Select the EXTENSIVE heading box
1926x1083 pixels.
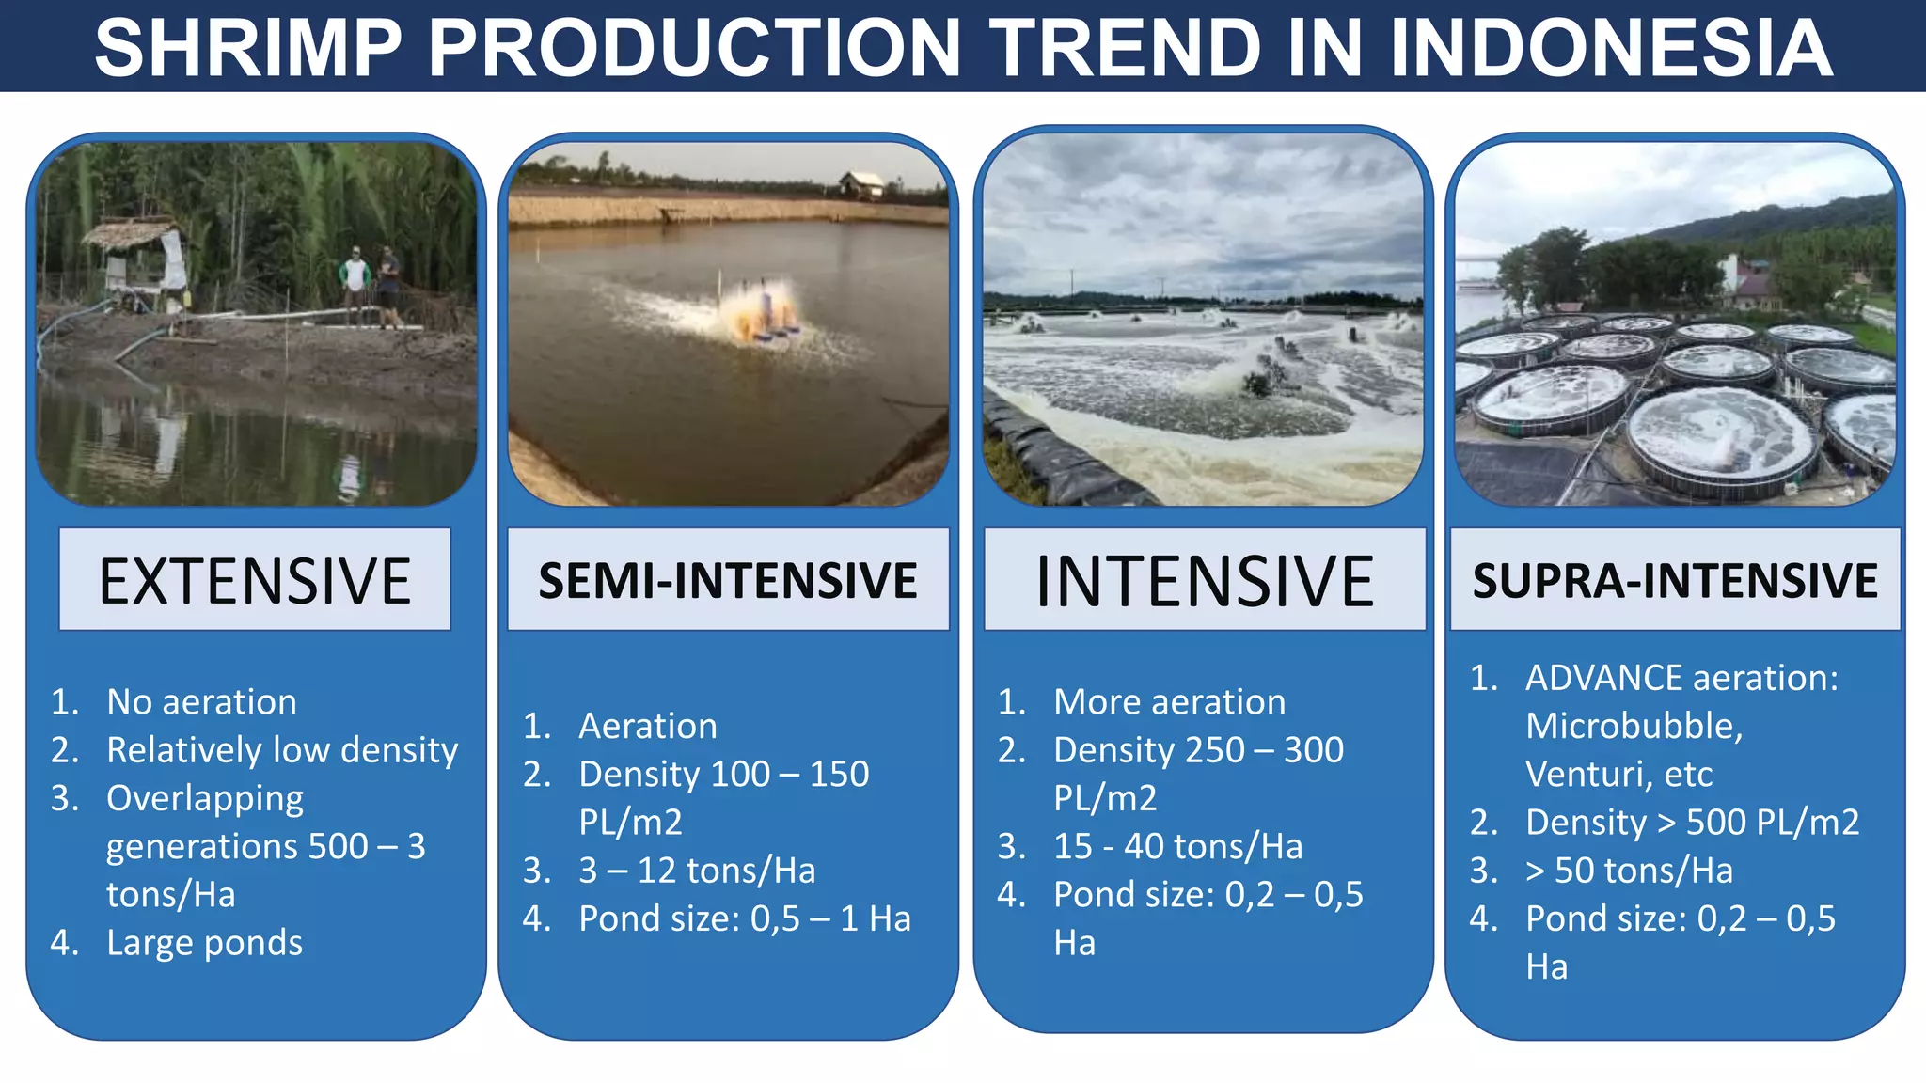pyautogui.click(x=255, y=579)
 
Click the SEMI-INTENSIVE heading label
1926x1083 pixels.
pyautogui.click(x=728, y=579)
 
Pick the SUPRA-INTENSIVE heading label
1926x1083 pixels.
pyautogui.click(x=1675, y=580)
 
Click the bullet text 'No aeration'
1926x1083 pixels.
pyautogui.click(x=201, y=702)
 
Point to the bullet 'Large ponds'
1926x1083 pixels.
pyautogui.click(x=204, y=943)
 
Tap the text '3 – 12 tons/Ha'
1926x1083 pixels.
pyautogui.click(x=697, y=871)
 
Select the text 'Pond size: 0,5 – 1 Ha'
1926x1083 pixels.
pyautogui.click(x=744, y=918)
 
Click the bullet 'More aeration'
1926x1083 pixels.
pyautogui.click(x=1169, y=702)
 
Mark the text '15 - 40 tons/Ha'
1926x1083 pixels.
pyautogui.click(x=1177, y=846)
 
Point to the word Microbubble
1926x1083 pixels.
pyautogui.click(x=1634, y=726)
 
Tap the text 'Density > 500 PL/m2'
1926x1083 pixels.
pyautogui.click(x=1692, y=823)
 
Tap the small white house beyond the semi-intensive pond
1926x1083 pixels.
pyautogui.click(x=860, y=184)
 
